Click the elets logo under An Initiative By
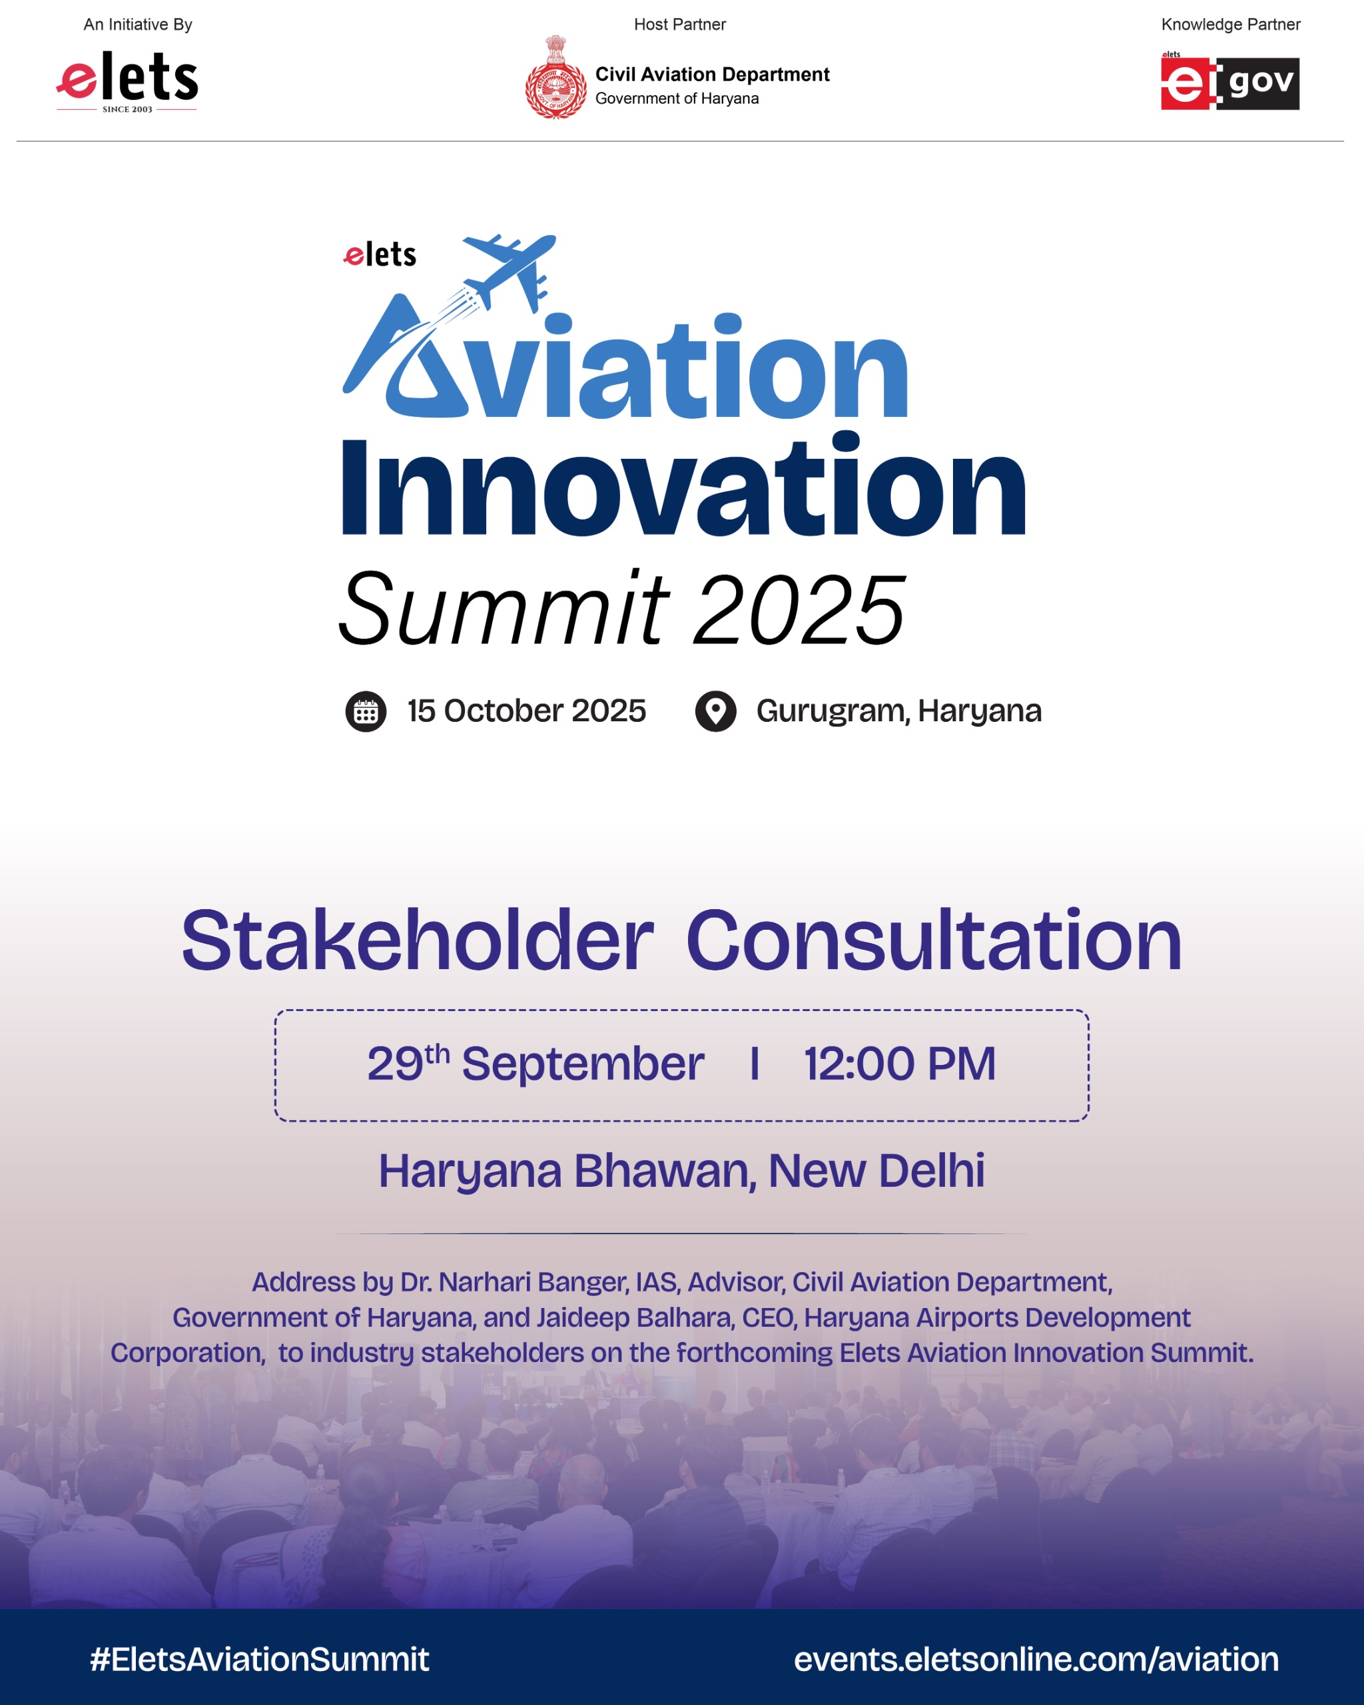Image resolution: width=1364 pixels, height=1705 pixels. pos(127,81)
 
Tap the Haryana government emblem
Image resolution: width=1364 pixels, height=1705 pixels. pos(556,77)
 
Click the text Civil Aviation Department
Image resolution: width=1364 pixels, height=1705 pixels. pos(712,75)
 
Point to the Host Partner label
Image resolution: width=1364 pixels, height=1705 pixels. pos(679,25)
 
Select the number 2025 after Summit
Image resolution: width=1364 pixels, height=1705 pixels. pos(799,609)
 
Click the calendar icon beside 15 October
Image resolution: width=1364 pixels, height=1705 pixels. pos(366,712)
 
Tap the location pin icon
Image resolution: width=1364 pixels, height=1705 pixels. pos(715,712)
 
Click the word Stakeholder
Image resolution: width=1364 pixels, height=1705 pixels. pos(418,940)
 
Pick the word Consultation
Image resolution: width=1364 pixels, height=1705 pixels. pos(934,940)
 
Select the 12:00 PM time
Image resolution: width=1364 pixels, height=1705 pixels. pos(900,1064)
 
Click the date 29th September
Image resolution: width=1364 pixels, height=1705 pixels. pos(535,1063)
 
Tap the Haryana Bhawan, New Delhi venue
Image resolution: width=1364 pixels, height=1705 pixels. pos(681,1172)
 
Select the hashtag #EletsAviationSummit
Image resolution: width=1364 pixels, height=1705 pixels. pos(259,1659)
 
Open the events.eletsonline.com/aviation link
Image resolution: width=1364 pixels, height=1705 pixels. pos(1036,1659)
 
